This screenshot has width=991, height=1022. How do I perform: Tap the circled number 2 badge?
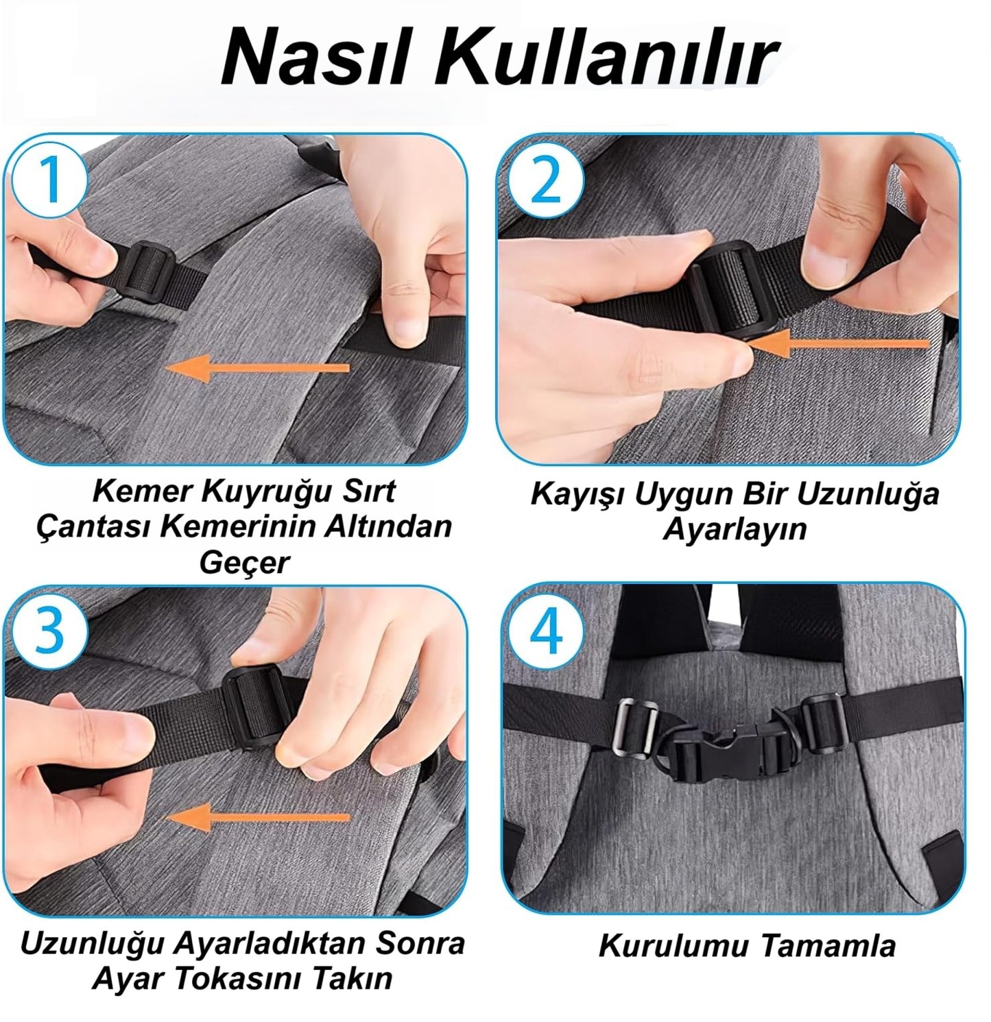pos(546,180)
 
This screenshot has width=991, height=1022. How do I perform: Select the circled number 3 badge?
pos(49,631)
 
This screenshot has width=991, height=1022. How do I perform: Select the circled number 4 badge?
pos(547,631)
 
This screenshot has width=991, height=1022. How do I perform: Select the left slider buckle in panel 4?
pos(634,727)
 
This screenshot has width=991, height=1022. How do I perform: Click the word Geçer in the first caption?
pos(243,564)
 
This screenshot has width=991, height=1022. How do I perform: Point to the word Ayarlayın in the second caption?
pos(734,530)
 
